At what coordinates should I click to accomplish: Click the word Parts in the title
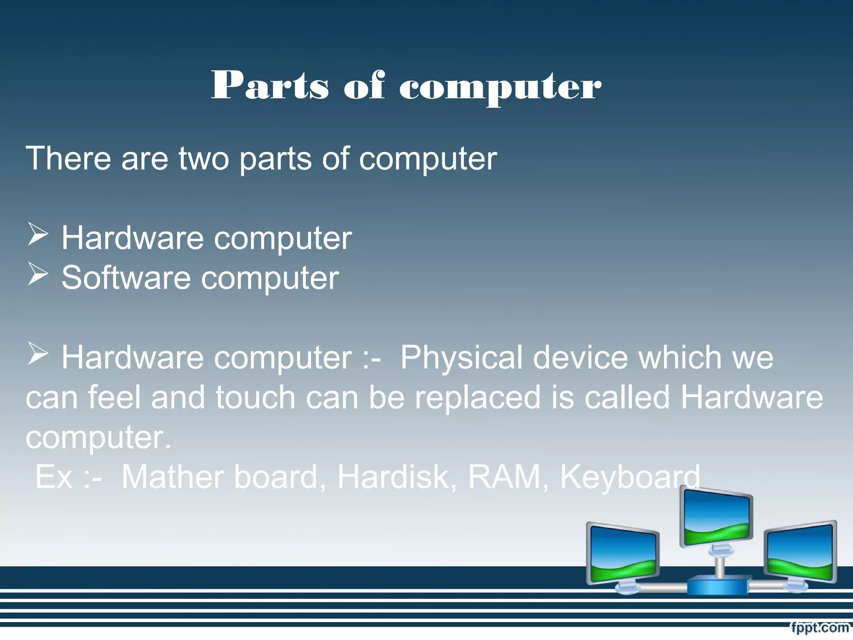[x=270, y=85]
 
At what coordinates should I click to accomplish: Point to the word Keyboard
[x=630, y=477]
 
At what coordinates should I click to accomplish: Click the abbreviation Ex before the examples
[x=54, y=477]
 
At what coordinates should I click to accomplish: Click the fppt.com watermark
[x=820, y=627]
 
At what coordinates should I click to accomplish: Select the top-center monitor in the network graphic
[x=717, y=518]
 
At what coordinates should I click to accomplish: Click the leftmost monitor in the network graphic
[x=622, y=554]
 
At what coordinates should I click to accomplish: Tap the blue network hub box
[x=717, y=585]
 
